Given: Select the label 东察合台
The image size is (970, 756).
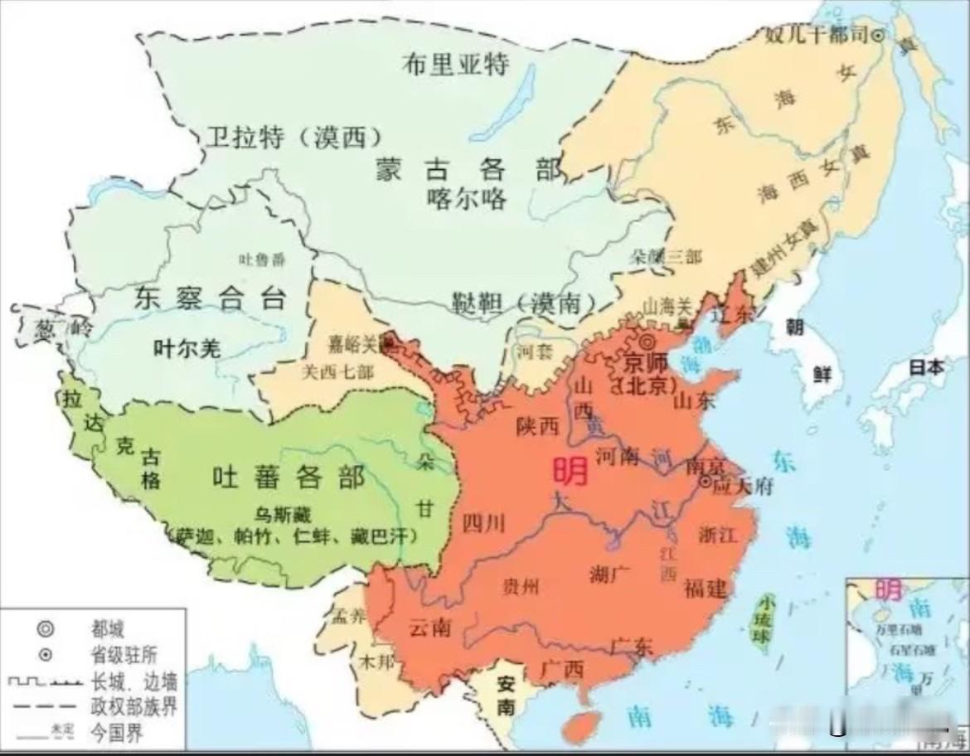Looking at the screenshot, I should [x=210, y=298].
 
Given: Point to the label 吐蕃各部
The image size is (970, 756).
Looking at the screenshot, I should [x=288, y=477].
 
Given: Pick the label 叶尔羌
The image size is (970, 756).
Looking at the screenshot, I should [x=187, y=349].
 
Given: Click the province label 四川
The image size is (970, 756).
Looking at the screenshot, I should [x=483, y=522].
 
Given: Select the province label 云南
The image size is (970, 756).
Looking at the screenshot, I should [x=429, y=628].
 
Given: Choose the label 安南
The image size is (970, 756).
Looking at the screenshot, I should [x=506, y=695].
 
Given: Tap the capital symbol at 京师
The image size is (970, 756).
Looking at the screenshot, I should [x=647, y=342].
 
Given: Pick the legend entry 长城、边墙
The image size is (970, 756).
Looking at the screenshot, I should [x=133, y=682].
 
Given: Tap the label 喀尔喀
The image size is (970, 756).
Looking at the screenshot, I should [x=468, y=199].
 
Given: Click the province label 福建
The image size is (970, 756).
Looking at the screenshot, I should [x=706, y=588].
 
